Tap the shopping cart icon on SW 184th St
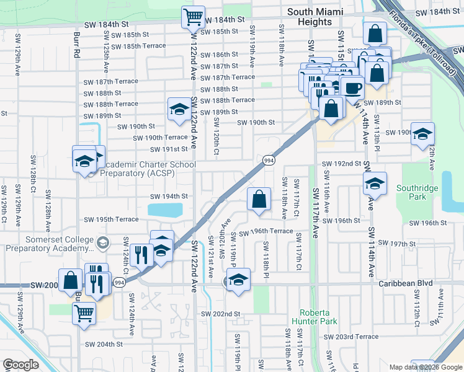tap(193, 17)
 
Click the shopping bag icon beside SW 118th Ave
tap(259, 200)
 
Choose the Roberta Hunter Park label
tap(318, 317)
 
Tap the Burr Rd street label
tap(77, 45)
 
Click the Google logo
tap(20, 365)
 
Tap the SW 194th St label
tap(168, 197)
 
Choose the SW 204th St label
tap(104, 344)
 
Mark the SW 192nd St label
tap(341, 164)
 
